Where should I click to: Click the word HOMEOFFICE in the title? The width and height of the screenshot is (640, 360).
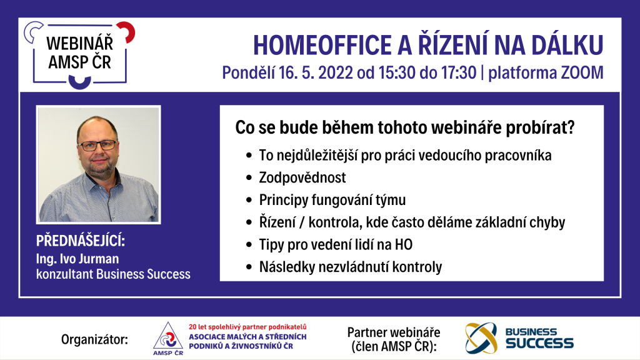click(x=322, y=45)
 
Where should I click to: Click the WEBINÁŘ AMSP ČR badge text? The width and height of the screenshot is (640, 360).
click(x=79, y=52)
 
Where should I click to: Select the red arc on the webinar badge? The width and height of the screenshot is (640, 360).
click(x=127, y=31)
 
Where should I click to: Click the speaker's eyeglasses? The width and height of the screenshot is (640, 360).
click(x=97, y=145)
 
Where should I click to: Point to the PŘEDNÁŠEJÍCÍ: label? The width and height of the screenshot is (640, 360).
click(x=81, y=241)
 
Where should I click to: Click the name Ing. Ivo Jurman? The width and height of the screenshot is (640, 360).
click(x=77, y=259)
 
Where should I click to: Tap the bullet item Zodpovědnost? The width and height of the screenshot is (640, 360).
click(x=302, y=177)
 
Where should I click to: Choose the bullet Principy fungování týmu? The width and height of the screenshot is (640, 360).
click(x=332, y=200)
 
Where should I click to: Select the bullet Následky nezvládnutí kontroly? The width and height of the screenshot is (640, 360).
click(x=351, y=267)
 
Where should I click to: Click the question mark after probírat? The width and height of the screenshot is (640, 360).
click(x=571, y=127)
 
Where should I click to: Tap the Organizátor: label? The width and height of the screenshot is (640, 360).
click(x=95, y=339)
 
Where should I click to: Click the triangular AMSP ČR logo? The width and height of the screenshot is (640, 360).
click(x=167, y=338)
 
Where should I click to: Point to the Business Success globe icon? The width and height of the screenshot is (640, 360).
click(x=482, y=338)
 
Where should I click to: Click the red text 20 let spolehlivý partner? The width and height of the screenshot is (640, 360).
click(x=247, y=327)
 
